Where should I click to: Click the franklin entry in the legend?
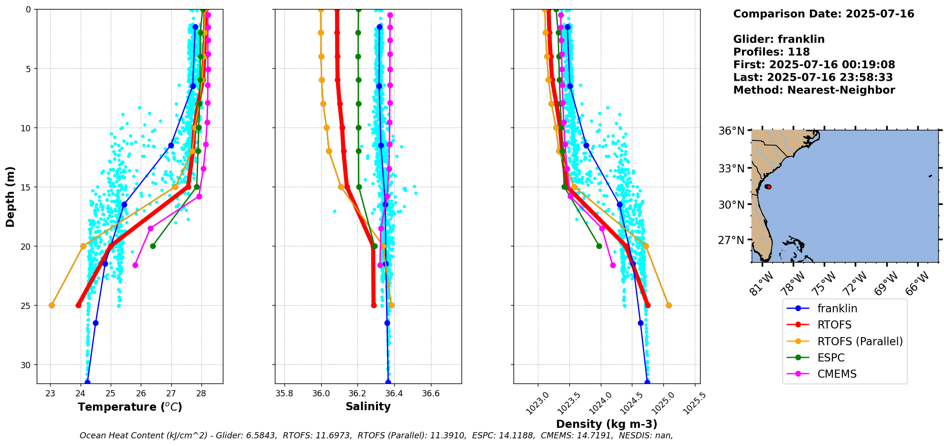[x=837, y=308]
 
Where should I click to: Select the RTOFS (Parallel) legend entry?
[x=860, y=341]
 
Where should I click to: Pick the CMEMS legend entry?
[x=837, y=374]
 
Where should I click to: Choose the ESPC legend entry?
[x=830, y=358]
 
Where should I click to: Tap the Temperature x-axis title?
[x=130, y=407]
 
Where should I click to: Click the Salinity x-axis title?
[x=368, y=406]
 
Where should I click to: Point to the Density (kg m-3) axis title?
[x=607, y=424]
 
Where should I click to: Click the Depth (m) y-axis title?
[x=10, y=197]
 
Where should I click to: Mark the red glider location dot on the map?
[x=768, y=187]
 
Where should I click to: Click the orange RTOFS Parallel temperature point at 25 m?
[x=52, y=305]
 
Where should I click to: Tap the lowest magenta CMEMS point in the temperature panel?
[x=135, y=265]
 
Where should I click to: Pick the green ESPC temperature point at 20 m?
[x=153, y=246]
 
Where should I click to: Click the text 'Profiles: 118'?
[x=771, y=52]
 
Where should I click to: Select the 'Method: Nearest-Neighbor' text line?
[x=814, y=90]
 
